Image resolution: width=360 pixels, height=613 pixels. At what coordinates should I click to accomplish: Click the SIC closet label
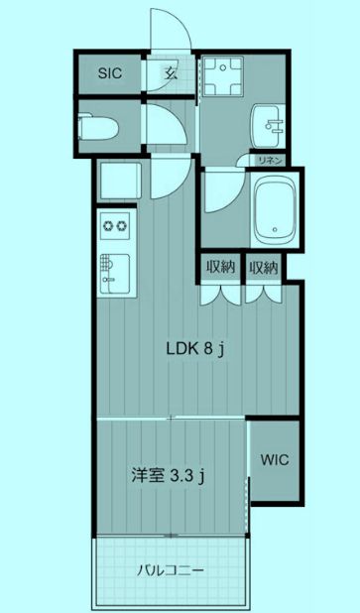coord(109,72)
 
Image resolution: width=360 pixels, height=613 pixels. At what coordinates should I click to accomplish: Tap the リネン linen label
coord(271,160)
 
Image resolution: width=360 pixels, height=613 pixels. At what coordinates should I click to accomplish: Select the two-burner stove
coord(114,225)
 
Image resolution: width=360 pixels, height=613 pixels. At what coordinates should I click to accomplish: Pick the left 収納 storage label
coord(220,267)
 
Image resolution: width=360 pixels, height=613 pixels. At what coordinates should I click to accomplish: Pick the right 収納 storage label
coord(263,267)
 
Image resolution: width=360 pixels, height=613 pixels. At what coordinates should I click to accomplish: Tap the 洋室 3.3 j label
coord(169,476)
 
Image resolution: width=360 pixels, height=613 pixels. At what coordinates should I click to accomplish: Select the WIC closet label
coord(275,459)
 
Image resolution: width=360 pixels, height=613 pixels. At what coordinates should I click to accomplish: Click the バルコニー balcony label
coord(171,571)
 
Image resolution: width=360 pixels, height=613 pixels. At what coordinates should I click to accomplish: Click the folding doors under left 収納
coord(219,294)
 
